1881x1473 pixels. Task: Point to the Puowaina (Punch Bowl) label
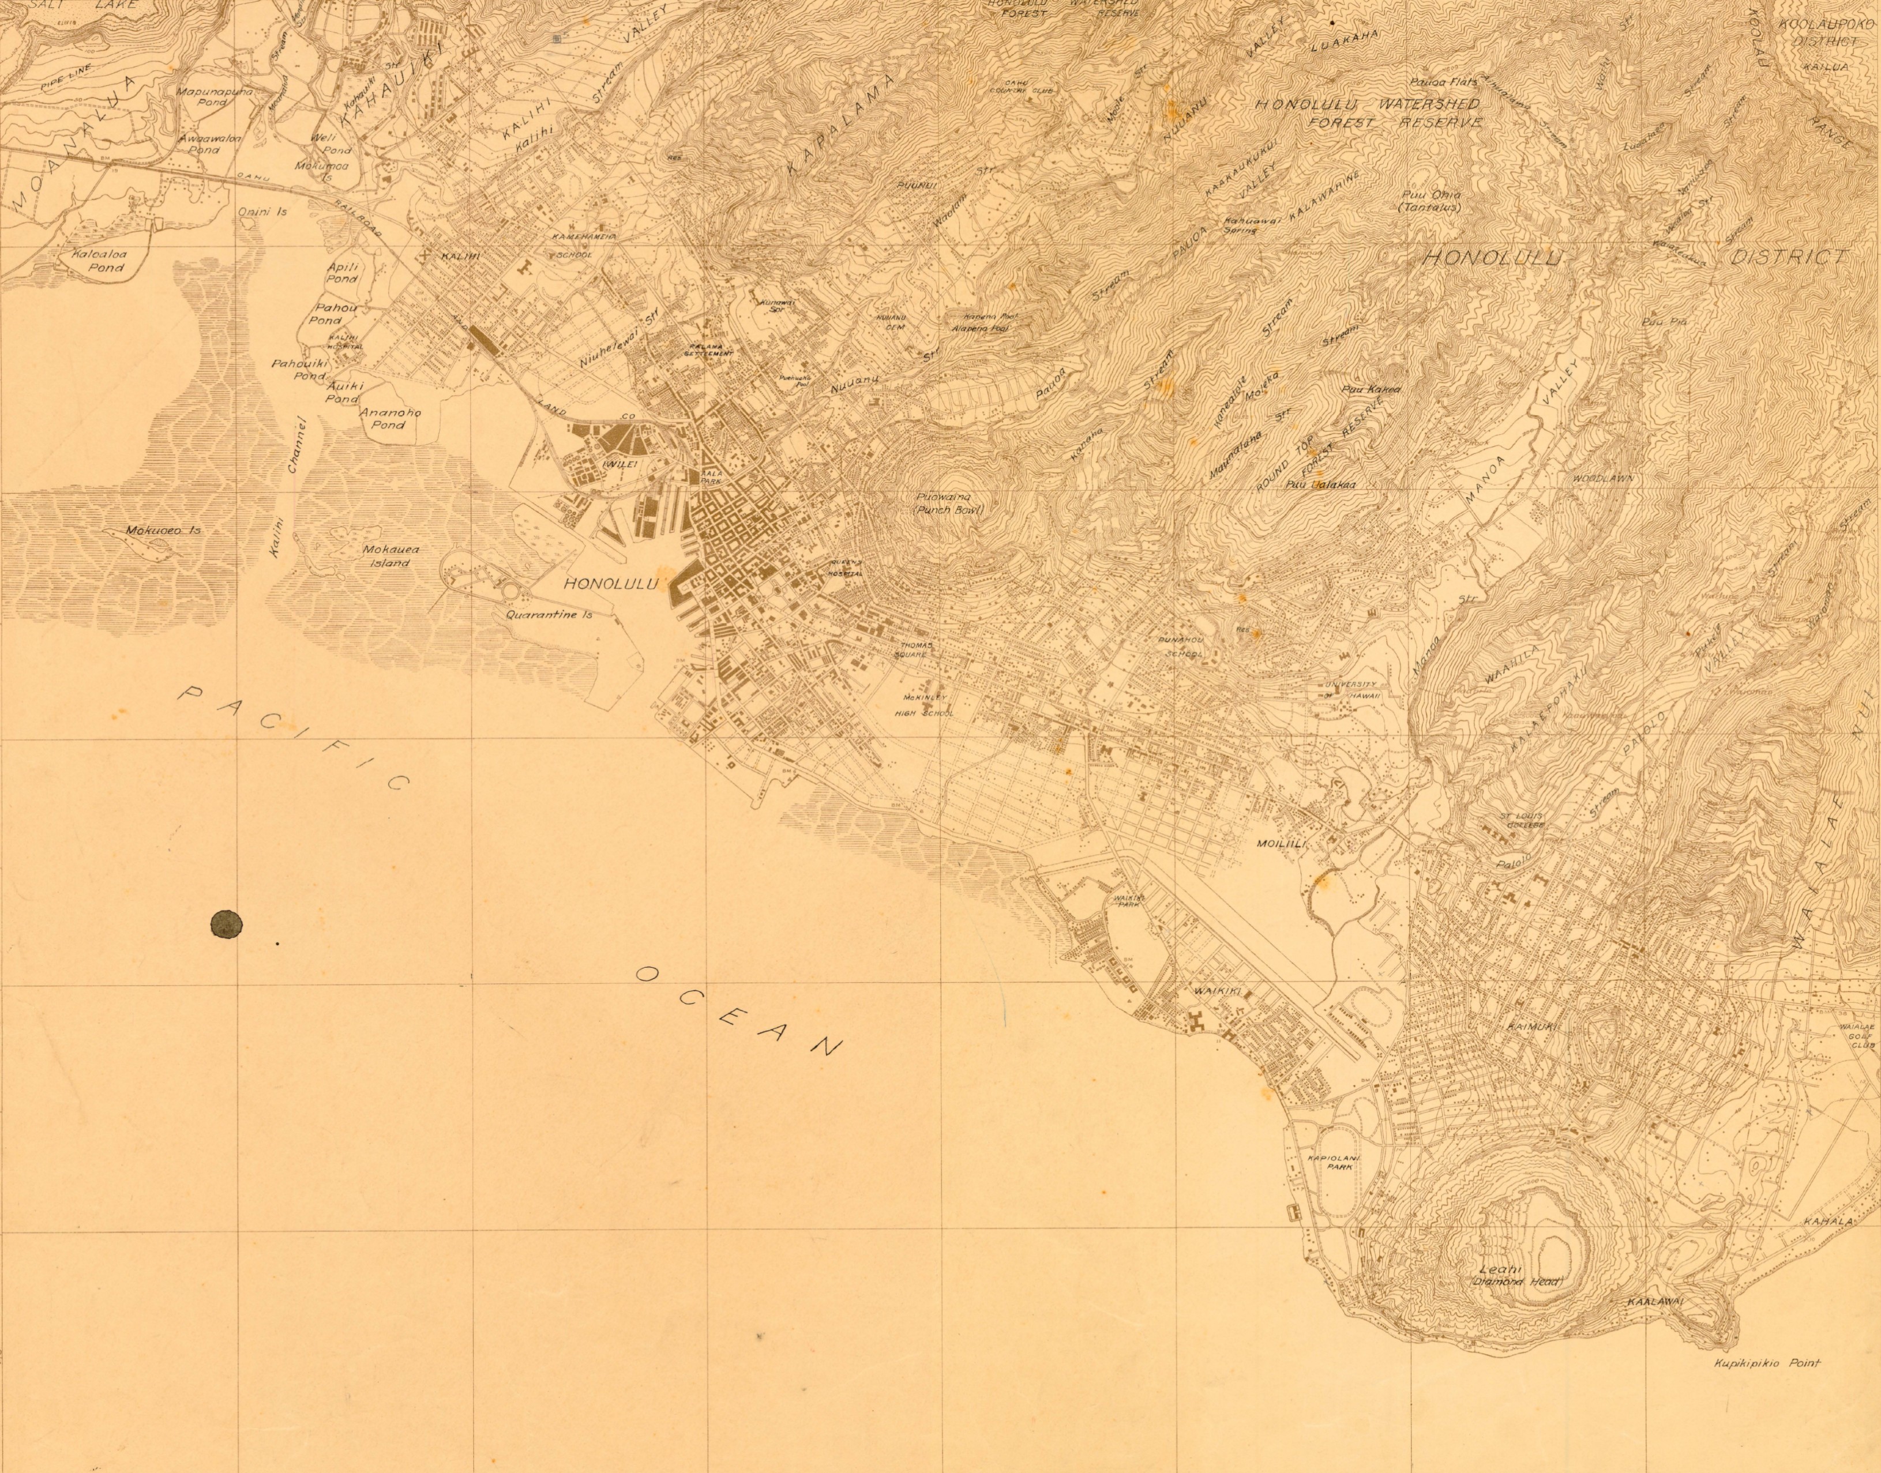949,503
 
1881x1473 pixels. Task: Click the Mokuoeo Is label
162,531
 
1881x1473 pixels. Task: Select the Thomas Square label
914,649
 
